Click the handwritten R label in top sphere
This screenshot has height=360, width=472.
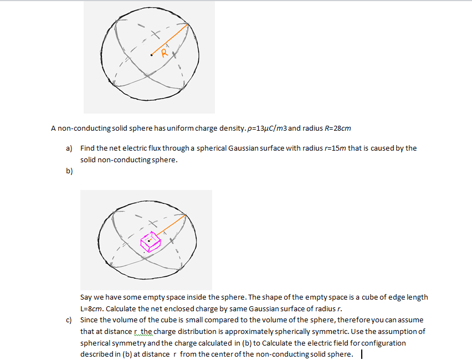[163, 54]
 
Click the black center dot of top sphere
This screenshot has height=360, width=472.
[151, 55]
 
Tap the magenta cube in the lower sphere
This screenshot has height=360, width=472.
[150, 240]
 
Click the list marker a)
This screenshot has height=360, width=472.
[69, 148]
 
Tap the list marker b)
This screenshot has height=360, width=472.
[69, 171]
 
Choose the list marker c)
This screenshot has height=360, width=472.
[69, 320]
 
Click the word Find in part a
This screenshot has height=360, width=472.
[88, 148]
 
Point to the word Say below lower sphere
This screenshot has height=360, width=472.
[86, 297]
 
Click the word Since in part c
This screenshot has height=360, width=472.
[90, 320]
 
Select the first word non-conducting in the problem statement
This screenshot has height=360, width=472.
[83, 128]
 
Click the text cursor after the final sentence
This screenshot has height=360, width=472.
[361, 354]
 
